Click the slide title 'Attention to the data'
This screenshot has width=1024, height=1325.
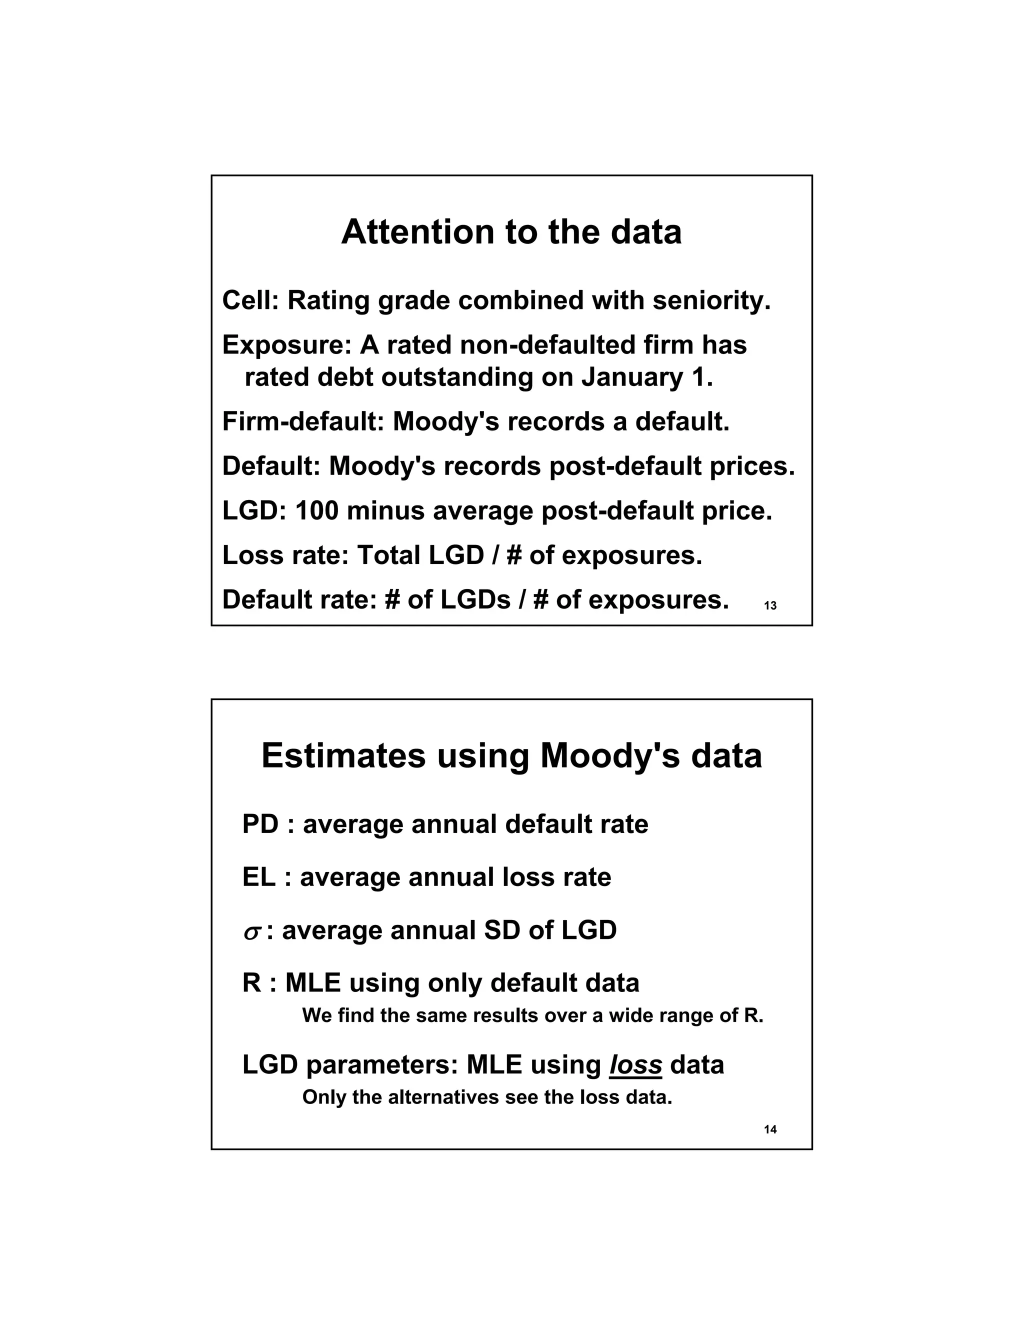click(511, 232)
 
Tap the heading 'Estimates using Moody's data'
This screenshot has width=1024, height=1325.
click(511, 756)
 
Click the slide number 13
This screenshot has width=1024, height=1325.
click(770, 605)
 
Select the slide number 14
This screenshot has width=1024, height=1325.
click(770, 1129)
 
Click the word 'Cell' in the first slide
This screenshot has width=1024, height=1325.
click(247, 300)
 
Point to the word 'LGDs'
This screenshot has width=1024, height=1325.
click(475, 599)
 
